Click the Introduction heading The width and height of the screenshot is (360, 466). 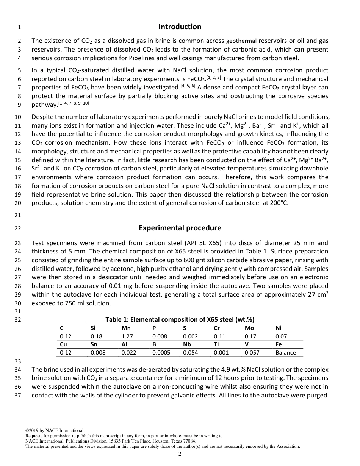(x=180, y=27)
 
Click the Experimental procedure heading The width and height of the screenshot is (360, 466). (x=180, y=228)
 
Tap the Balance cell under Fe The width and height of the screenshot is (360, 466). (x=286, y=353)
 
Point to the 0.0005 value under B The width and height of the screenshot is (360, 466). (x=161, y=353)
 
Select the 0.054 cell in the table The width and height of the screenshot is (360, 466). (x=190, y=353)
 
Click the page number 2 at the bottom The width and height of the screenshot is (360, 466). (x=180, y=454)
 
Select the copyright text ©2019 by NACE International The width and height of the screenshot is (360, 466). (x=55, y=430)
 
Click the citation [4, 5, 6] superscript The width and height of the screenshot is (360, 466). (x=188, y=86)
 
